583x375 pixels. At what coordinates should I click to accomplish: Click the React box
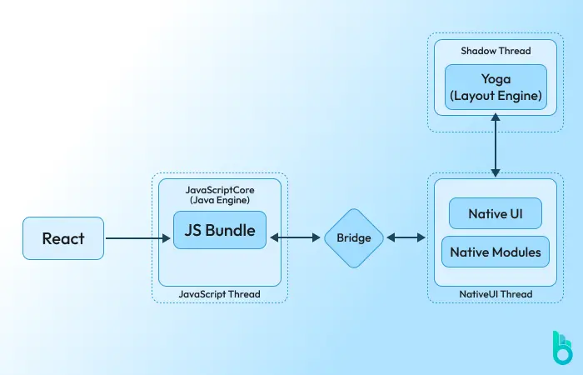point(63,238)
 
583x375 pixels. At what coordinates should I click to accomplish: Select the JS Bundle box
point(220,229)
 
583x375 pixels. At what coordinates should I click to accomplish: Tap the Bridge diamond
point(354,238)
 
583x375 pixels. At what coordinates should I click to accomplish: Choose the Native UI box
point(495,213)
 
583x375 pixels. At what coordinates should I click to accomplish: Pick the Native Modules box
point(495,251)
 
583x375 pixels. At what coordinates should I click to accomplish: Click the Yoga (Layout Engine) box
point(496,88)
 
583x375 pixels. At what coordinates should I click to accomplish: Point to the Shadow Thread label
point(496,51)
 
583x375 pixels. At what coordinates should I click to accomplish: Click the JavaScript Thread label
point(220,293)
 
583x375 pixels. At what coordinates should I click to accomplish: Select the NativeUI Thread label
point(496,293)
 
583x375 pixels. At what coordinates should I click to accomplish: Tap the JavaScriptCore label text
point(220,190)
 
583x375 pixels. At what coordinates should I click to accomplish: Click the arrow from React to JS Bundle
point(138,238)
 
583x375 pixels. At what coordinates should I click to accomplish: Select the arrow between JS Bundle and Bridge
point(295,238)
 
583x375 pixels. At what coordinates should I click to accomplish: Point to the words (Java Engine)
point(220,201)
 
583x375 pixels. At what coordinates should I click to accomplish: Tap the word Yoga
point(496,80)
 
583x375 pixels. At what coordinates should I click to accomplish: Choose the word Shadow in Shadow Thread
point(479,51)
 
